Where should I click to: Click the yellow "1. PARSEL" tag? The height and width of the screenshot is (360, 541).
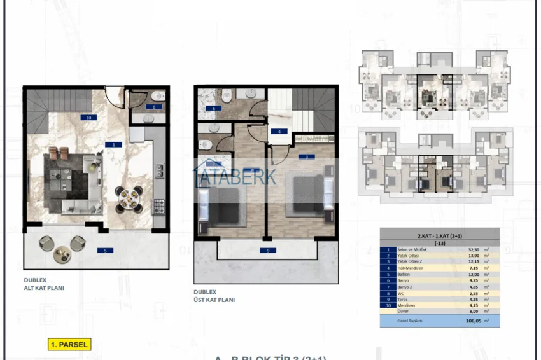[69, 344]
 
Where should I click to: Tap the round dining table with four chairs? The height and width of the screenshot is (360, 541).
[129, 197]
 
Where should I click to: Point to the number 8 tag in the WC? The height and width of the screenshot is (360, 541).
[153, 107]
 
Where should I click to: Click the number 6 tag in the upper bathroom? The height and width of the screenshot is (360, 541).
[213, 109]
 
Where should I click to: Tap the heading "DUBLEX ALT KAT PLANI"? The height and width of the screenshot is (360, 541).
[44, 284]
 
